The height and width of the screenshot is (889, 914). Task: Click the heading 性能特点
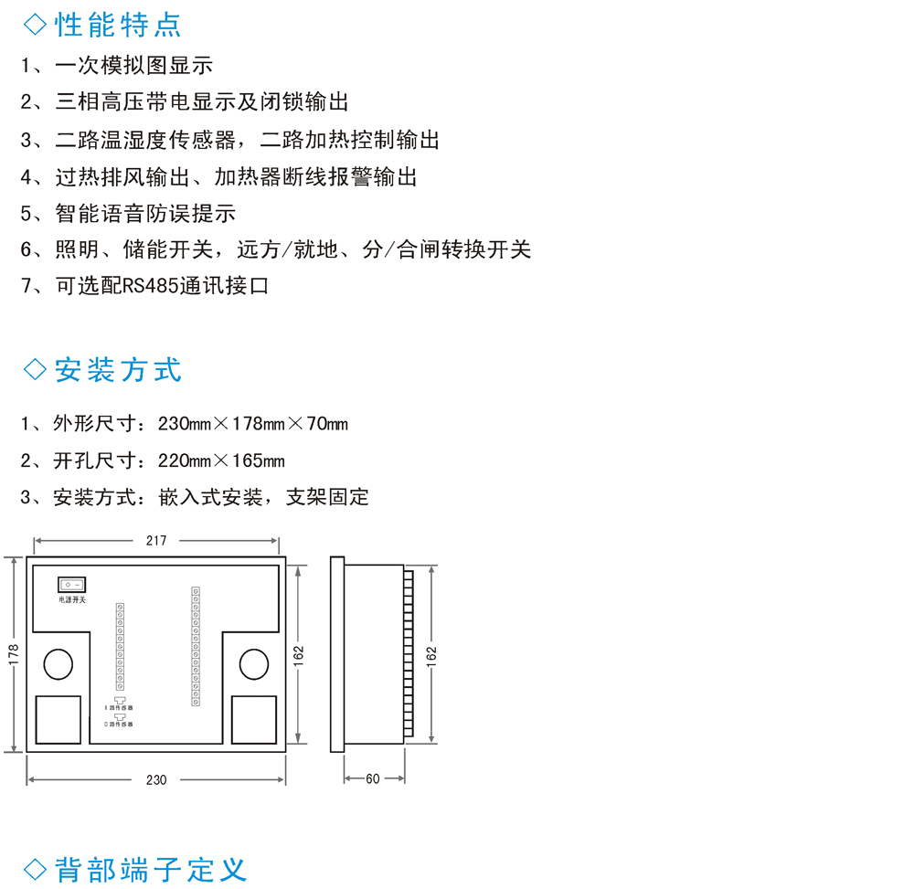(118, 25)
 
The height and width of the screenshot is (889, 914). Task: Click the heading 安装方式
(118, 370)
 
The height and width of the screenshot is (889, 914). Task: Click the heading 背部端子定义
(151, 868)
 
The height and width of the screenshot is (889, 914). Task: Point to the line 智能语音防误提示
(145, 213)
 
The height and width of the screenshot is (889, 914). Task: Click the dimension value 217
(156, 540)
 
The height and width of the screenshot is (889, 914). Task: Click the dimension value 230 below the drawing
(156, 779)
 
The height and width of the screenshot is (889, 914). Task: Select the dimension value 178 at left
(12, 654)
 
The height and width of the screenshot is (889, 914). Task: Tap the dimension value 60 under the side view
(373, 779)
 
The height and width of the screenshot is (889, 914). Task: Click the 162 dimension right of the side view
(430, 654)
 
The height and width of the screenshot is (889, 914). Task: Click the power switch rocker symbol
(72, 583)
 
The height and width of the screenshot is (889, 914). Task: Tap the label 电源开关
(72, 599)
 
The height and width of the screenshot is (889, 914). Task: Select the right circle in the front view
(254, 663)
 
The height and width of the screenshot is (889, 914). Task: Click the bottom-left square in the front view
(58, 720)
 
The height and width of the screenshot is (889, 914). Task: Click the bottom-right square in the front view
(254, 720)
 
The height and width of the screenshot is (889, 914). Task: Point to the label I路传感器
(119, 708)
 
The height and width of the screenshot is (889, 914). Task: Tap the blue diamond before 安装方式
(35, 370)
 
